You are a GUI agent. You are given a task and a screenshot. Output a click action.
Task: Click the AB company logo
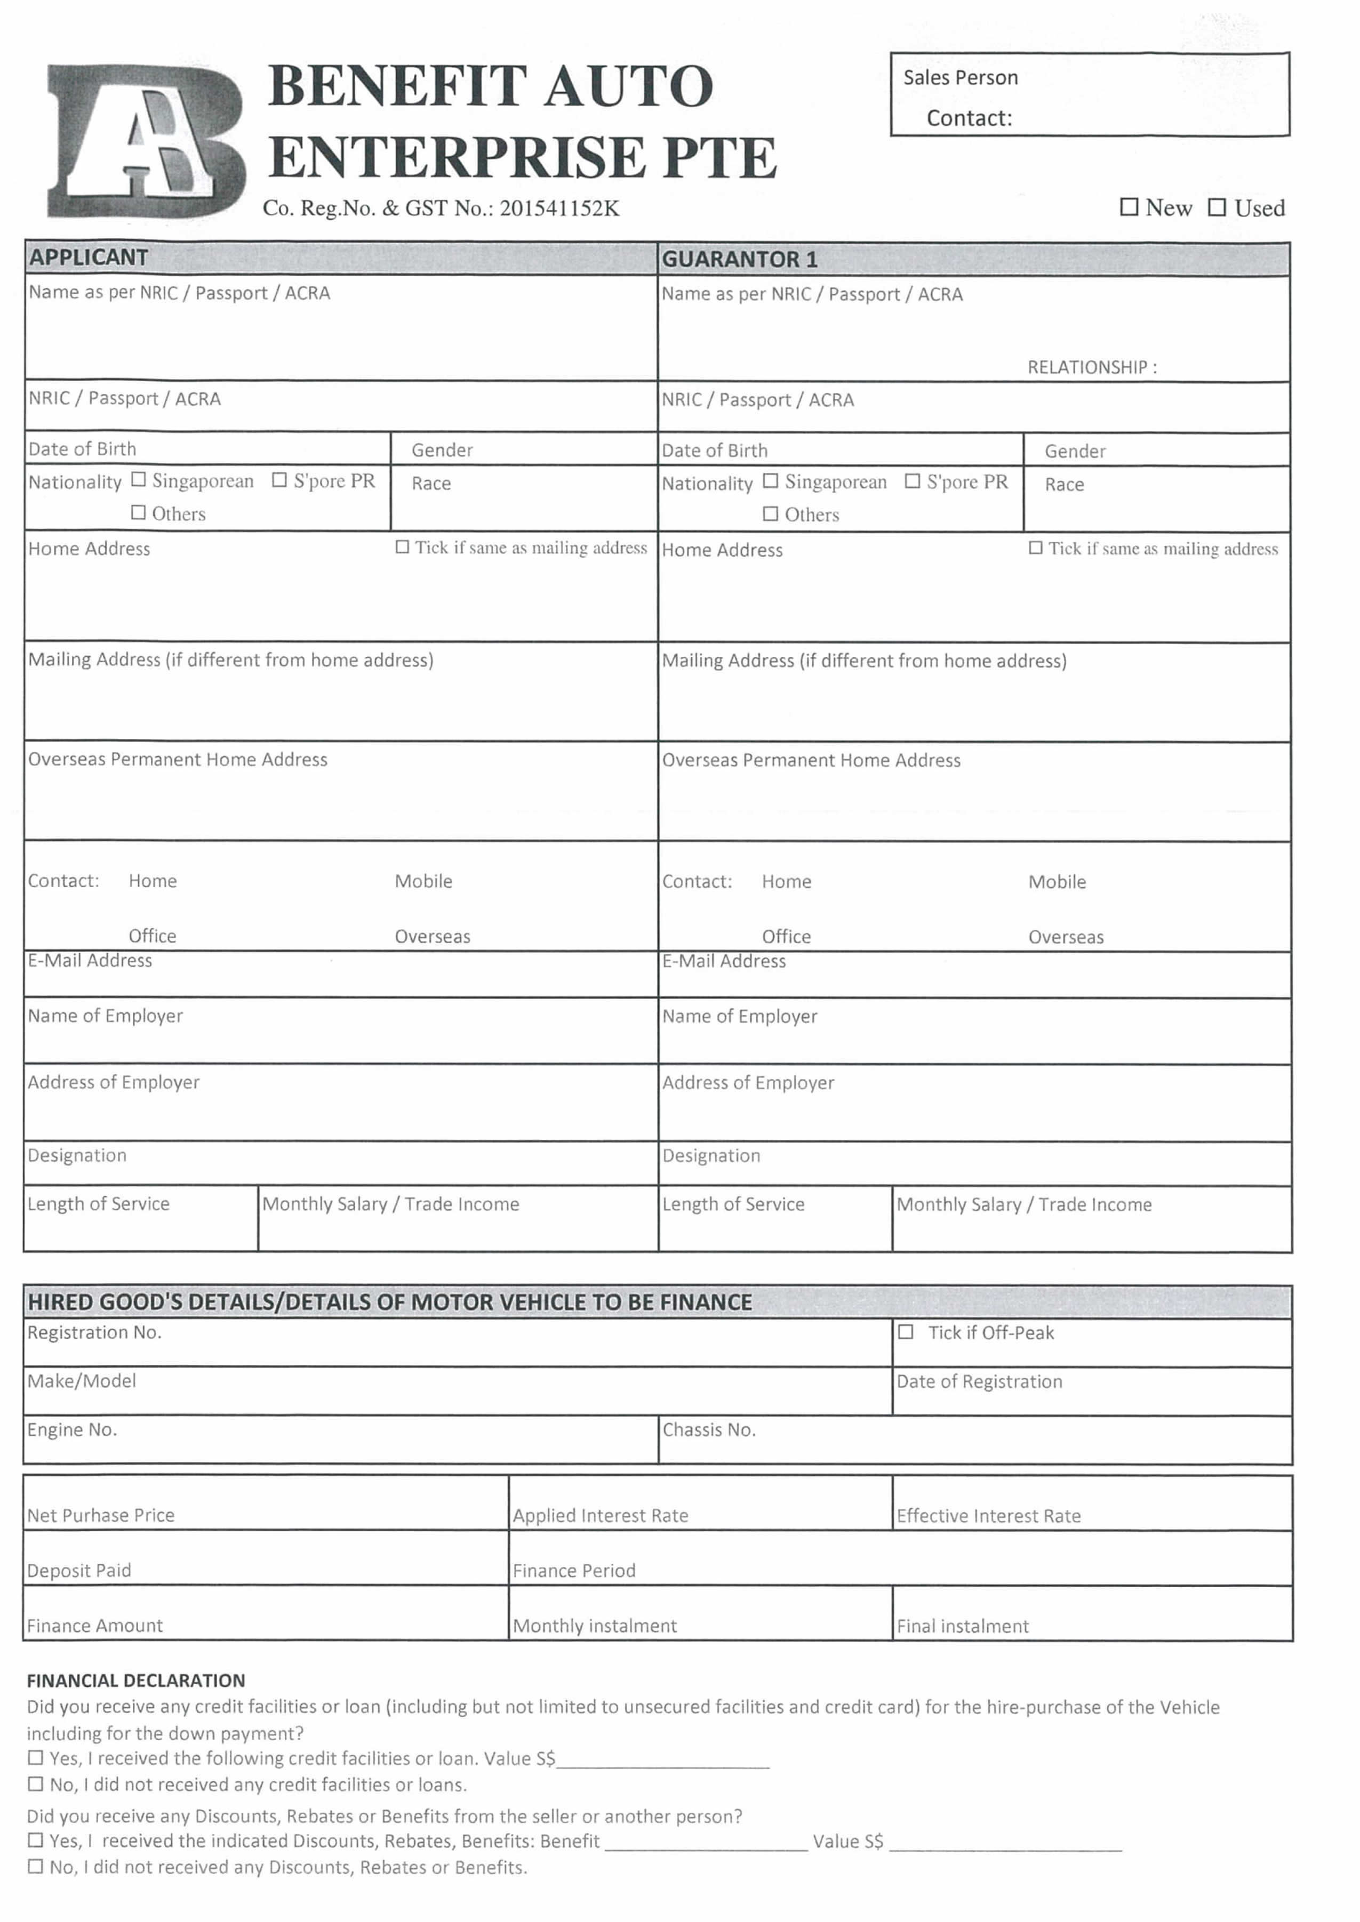pyautogui.click(x=147, y=141)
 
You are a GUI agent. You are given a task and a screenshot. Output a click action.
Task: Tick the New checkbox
pyautogui.click(x=1129, y=207)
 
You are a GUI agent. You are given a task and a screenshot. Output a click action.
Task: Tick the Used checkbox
pyautogui.click(x=1217, y=207)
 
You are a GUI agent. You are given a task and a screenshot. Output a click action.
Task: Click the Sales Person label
pyautogui.click(x=959, y=78)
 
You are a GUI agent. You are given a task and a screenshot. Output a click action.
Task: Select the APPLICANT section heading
pyautogui.click(x=89, y=258)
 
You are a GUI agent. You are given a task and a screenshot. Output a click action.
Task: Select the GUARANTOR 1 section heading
pyautogui.click(x=739, y=260)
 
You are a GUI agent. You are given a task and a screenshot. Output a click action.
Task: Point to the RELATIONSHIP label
pyautogui.click(x=1091, y=367)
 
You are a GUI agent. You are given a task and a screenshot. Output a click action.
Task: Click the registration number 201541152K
pyautogui.click(x=559, y=208)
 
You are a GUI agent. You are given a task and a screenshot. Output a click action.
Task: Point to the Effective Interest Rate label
pyautogui.click(x=988, y=1516)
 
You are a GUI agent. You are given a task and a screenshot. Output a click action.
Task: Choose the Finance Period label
pyautogui.click(x=574, y=1571)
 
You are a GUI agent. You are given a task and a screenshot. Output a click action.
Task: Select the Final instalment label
pyautogui.click(x=962, y=1626)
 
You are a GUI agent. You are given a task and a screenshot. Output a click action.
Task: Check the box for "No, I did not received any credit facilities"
pyautogui.click(x=35, y=1784)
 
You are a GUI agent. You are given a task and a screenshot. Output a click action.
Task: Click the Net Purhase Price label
pyautogui.click(x=100, y=1515)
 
